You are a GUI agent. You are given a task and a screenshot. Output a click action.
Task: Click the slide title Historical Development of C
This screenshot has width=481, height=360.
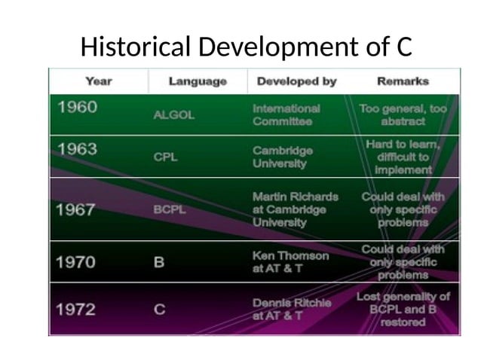pyautogui.click(x=246, y=47)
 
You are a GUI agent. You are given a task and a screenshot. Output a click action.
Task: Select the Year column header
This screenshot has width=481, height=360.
pyautogui.click(x=99, y=81)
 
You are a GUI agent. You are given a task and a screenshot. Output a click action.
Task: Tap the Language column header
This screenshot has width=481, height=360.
pyautogui.click(x=198, y=81)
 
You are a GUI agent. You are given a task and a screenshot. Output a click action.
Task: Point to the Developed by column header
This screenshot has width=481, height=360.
pyautogui.click(x=297, y=81)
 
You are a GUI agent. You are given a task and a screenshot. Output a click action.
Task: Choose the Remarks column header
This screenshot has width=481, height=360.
pyautogui.click(x=403, y=81)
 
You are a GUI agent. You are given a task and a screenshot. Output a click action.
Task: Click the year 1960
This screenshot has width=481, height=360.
pyautogui.click(x=78, y=107)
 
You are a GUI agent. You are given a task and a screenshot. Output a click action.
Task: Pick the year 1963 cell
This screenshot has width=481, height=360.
pyautogui.click(x=78, y=149)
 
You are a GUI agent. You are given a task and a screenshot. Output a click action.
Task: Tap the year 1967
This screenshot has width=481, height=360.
pyautogui.click(x=78, y=210)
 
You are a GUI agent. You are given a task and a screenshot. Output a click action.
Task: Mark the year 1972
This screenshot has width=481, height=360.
pyautogui.click(x=78, y=310)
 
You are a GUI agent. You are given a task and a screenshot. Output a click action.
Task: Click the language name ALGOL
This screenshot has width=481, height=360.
pyautogui.click(x=173, y=115)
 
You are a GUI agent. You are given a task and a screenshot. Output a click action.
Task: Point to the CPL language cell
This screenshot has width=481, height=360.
pyautogui.click(x=166, y=157)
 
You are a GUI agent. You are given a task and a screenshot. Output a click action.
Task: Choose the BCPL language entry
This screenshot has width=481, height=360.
pyautogui.click(x=169, y=210)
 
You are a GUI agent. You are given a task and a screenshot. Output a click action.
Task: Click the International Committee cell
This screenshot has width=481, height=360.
pyautogui.click(x=286, y=114)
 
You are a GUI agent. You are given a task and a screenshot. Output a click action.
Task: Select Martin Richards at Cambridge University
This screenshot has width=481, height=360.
pyautogui.click(x=295, y=209)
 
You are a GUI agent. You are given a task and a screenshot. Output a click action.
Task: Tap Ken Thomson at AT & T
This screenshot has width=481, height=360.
pyautogui.click(x=290, y=262)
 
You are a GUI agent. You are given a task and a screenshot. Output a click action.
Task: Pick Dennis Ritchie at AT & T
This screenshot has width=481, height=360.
pyautogui.click(x=291, y=309)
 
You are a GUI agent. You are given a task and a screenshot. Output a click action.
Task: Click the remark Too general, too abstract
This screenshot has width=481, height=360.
pyautogui.click(x=403, y=114)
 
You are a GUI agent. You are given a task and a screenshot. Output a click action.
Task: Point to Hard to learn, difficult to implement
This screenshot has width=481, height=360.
pyautogui.click(x=403, y=157)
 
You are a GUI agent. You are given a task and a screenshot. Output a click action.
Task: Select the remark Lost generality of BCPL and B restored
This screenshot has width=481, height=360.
pyautogui.click(x=403, y=309)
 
